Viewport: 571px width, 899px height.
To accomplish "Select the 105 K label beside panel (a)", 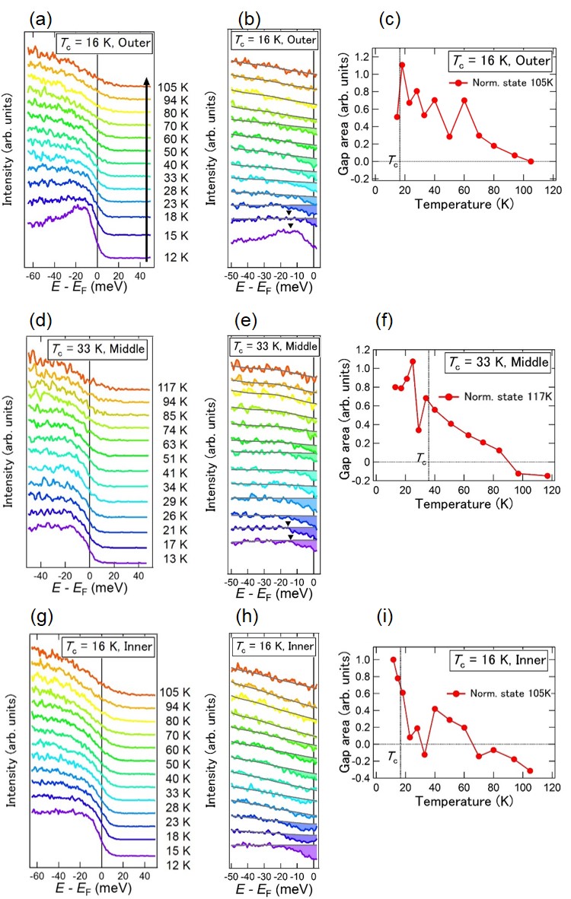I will click(x=173, y=86).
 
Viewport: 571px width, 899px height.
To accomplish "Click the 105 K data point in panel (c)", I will click(x=531, y=161).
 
